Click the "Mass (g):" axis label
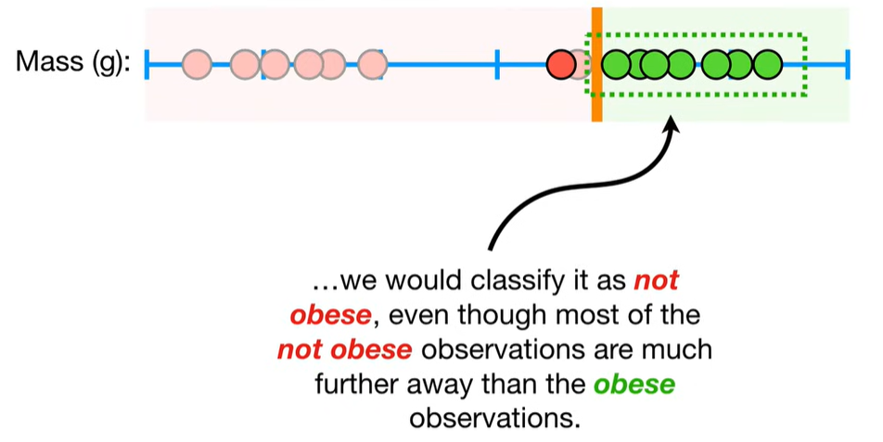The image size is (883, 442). tap(73, 61)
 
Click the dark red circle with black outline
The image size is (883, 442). tap(561, 65)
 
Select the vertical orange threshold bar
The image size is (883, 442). tap(597, 65)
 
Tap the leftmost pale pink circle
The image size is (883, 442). tap(197, 65)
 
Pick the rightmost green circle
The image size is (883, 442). tap(768, 65)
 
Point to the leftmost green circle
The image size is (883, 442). tap(616, 65)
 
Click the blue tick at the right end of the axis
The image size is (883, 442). tap(847, 65)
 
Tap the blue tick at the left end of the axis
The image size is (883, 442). tap(147, 65)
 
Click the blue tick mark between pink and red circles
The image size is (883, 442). tap(497, 65)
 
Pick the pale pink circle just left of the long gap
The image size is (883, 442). tap(372, 65)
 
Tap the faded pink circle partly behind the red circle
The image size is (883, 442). tap(580, 65)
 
